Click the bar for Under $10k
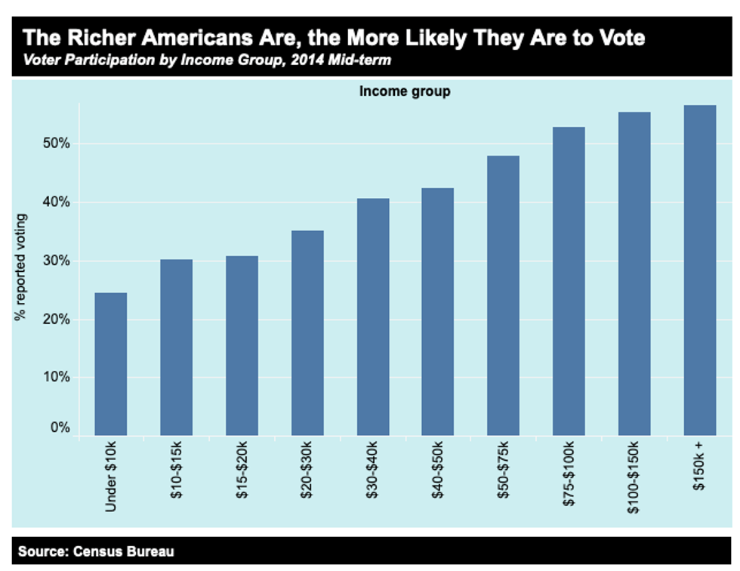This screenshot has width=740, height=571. click(110, 363)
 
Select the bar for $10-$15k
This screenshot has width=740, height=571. click(176, 347)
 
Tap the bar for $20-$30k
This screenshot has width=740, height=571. click(307, 332)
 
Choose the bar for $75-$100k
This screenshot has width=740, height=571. click(568, 280)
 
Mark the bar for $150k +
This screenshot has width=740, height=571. click(699, 270)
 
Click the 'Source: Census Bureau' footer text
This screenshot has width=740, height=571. click(96, 551)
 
